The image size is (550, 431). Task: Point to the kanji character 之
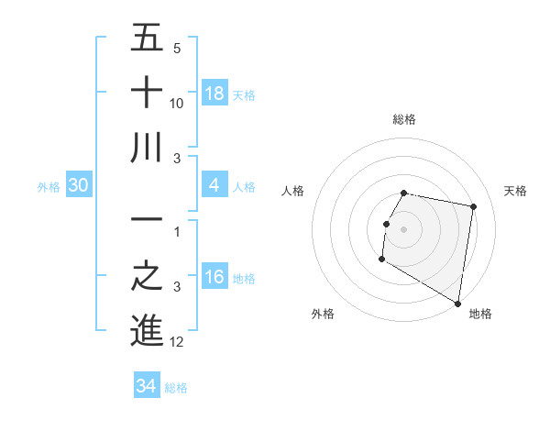coord(147,277)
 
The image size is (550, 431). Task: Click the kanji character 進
coord(147,331)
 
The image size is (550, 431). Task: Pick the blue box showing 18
coord(214,93)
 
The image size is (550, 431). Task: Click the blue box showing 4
coord(214,185)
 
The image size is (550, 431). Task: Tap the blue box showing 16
coord(214,278)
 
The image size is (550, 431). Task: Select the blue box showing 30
coord(79,185)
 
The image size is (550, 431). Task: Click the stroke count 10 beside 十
coord(177,103)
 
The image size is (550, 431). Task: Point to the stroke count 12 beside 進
coord(177,342)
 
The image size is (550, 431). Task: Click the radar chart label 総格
coord(403,119)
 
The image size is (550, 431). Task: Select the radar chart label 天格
coord(515,191)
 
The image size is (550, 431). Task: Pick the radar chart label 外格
coord(323,314)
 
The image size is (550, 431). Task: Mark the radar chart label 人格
coord(292,191)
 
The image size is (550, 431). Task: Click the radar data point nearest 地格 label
coord(457,304)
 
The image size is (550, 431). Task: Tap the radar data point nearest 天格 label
coord(473,207)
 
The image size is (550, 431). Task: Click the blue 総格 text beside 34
coord(176,387)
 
